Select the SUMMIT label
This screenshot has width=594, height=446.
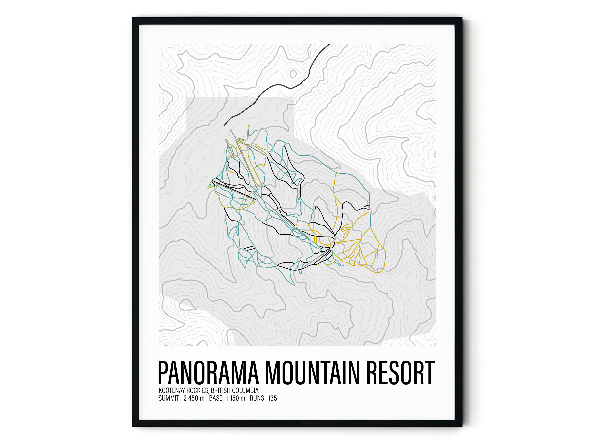(x=169, y=398)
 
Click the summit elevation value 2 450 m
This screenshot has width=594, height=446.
(x=194, y=398)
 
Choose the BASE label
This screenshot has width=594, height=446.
(x=216, y=398)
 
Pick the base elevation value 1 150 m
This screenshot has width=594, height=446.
(x=236, y=398)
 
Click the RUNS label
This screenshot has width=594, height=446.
(x=257, y=398)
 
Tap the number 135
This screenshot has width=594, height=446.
(x=272, y=398)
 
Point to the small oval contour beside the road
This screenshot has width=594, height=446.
(x=293, y=74)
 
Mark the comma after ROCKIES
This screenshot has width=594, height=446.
(x=209, y=392)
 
